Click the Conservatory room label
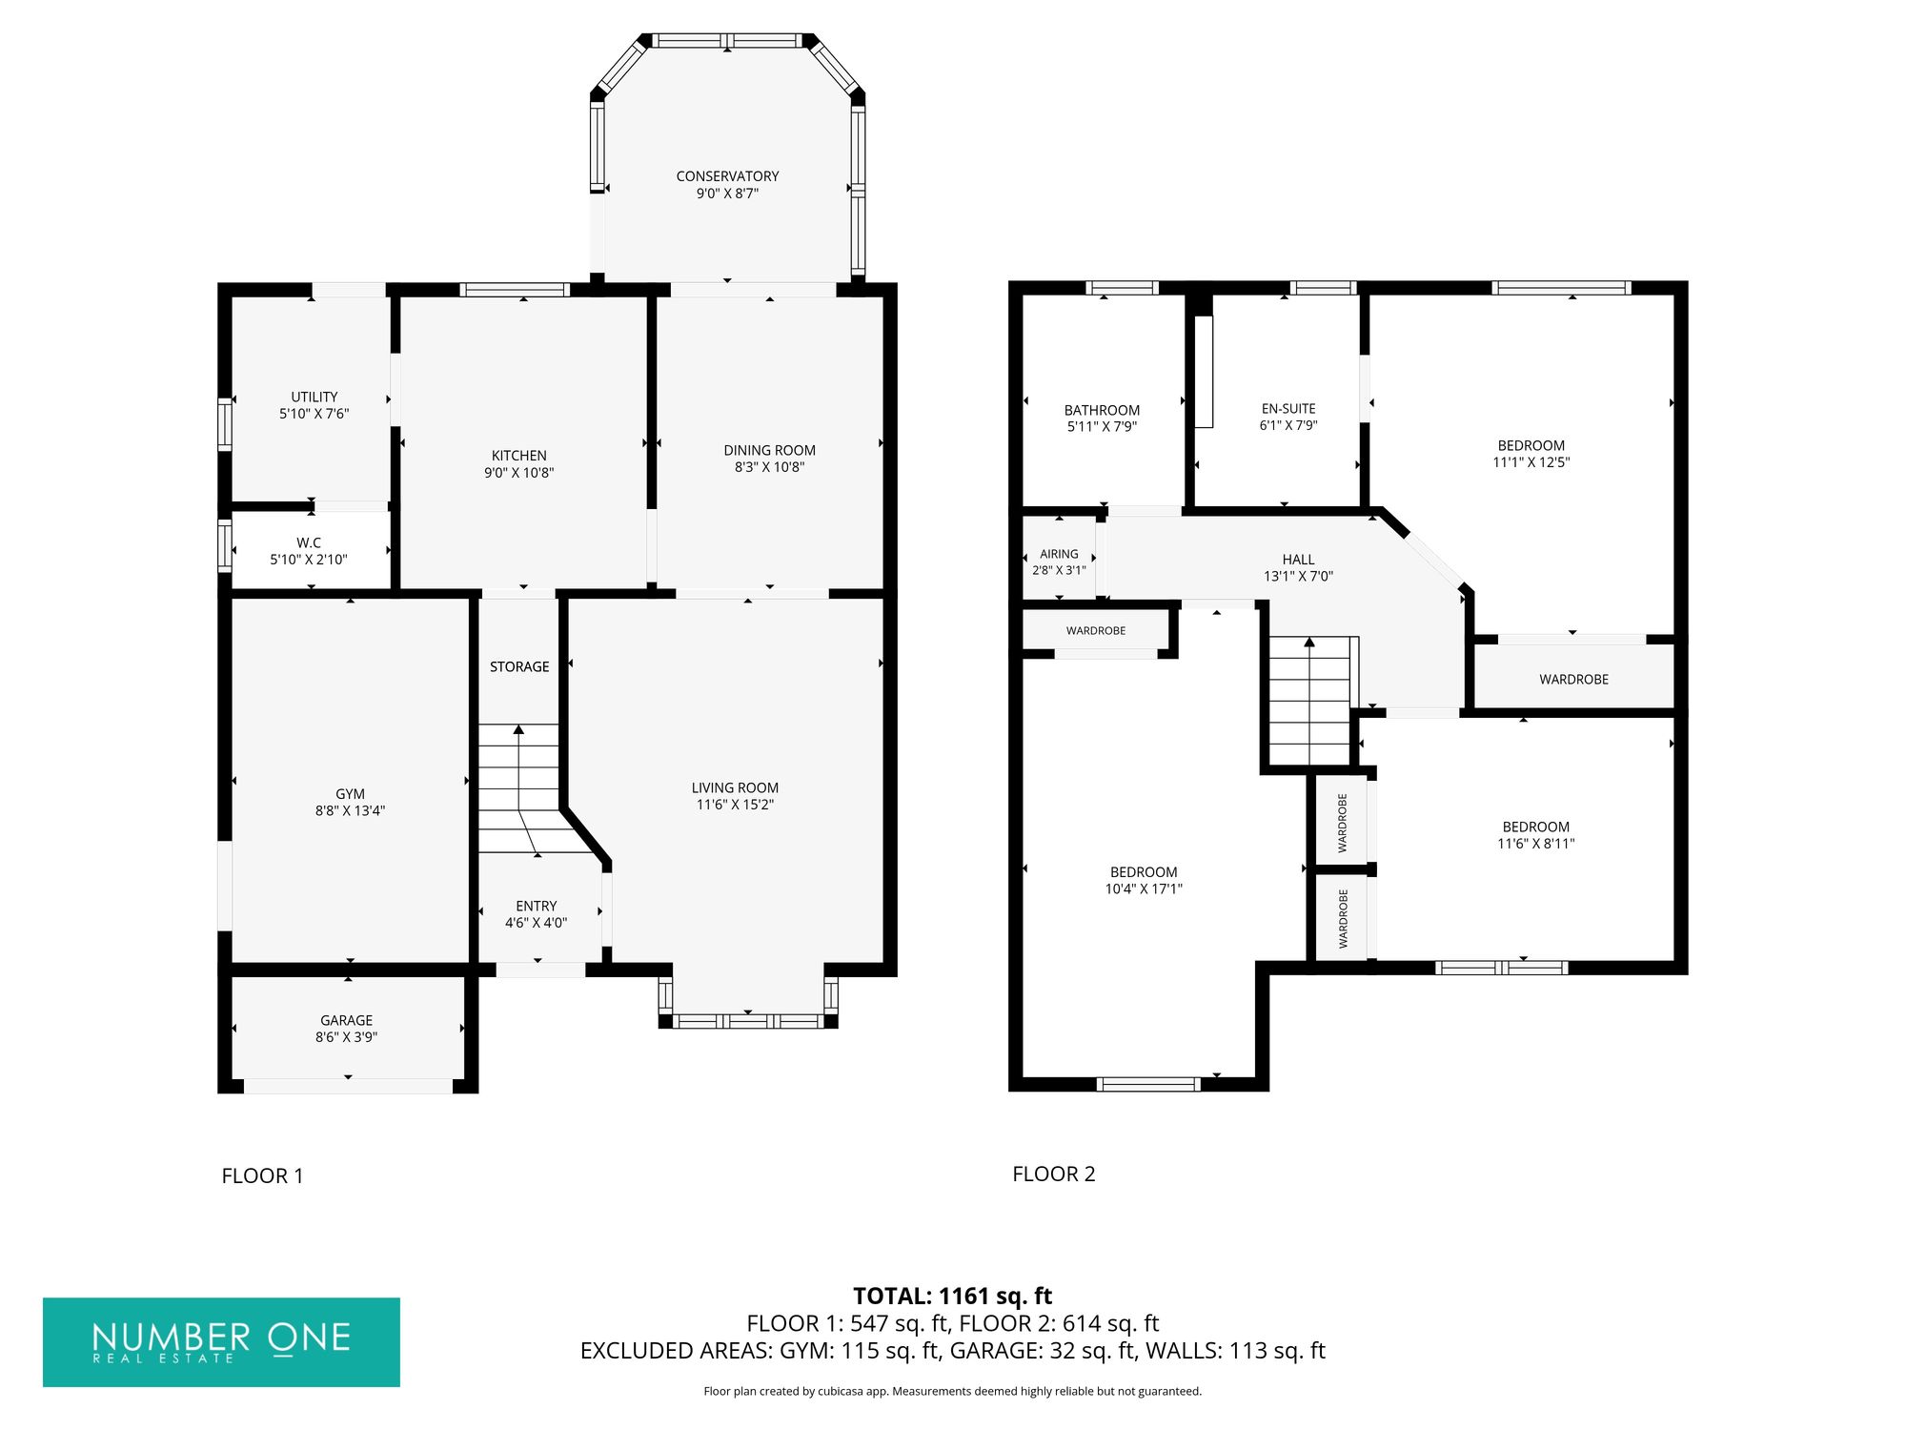(727, 176)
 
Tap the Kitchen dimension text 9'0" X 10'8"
(519, 473)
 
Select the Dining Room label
(769, 451)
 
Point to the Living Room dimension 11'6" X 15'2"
(735, 805)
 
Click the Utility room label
(314, 398)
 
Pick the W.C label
(309, 543)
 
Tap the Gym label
(350, 794)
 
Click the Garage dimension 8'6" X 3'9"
(347, 1037)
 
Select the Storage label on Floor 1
(519, 667)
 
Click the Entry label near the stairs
(537, 907)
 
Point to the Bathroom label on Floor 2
(1102, 411)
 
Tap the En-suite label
(1288, 409)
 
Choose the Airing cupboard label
(1059, 554)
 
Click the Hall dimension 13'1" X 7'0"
(1298, 577)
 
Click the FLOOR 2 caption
(1054, 1175)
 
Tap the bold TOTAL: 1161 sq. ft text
(953, 1297)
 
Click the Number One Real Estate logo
(221, 1342)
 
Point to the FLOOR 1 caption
(262, 1176)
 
